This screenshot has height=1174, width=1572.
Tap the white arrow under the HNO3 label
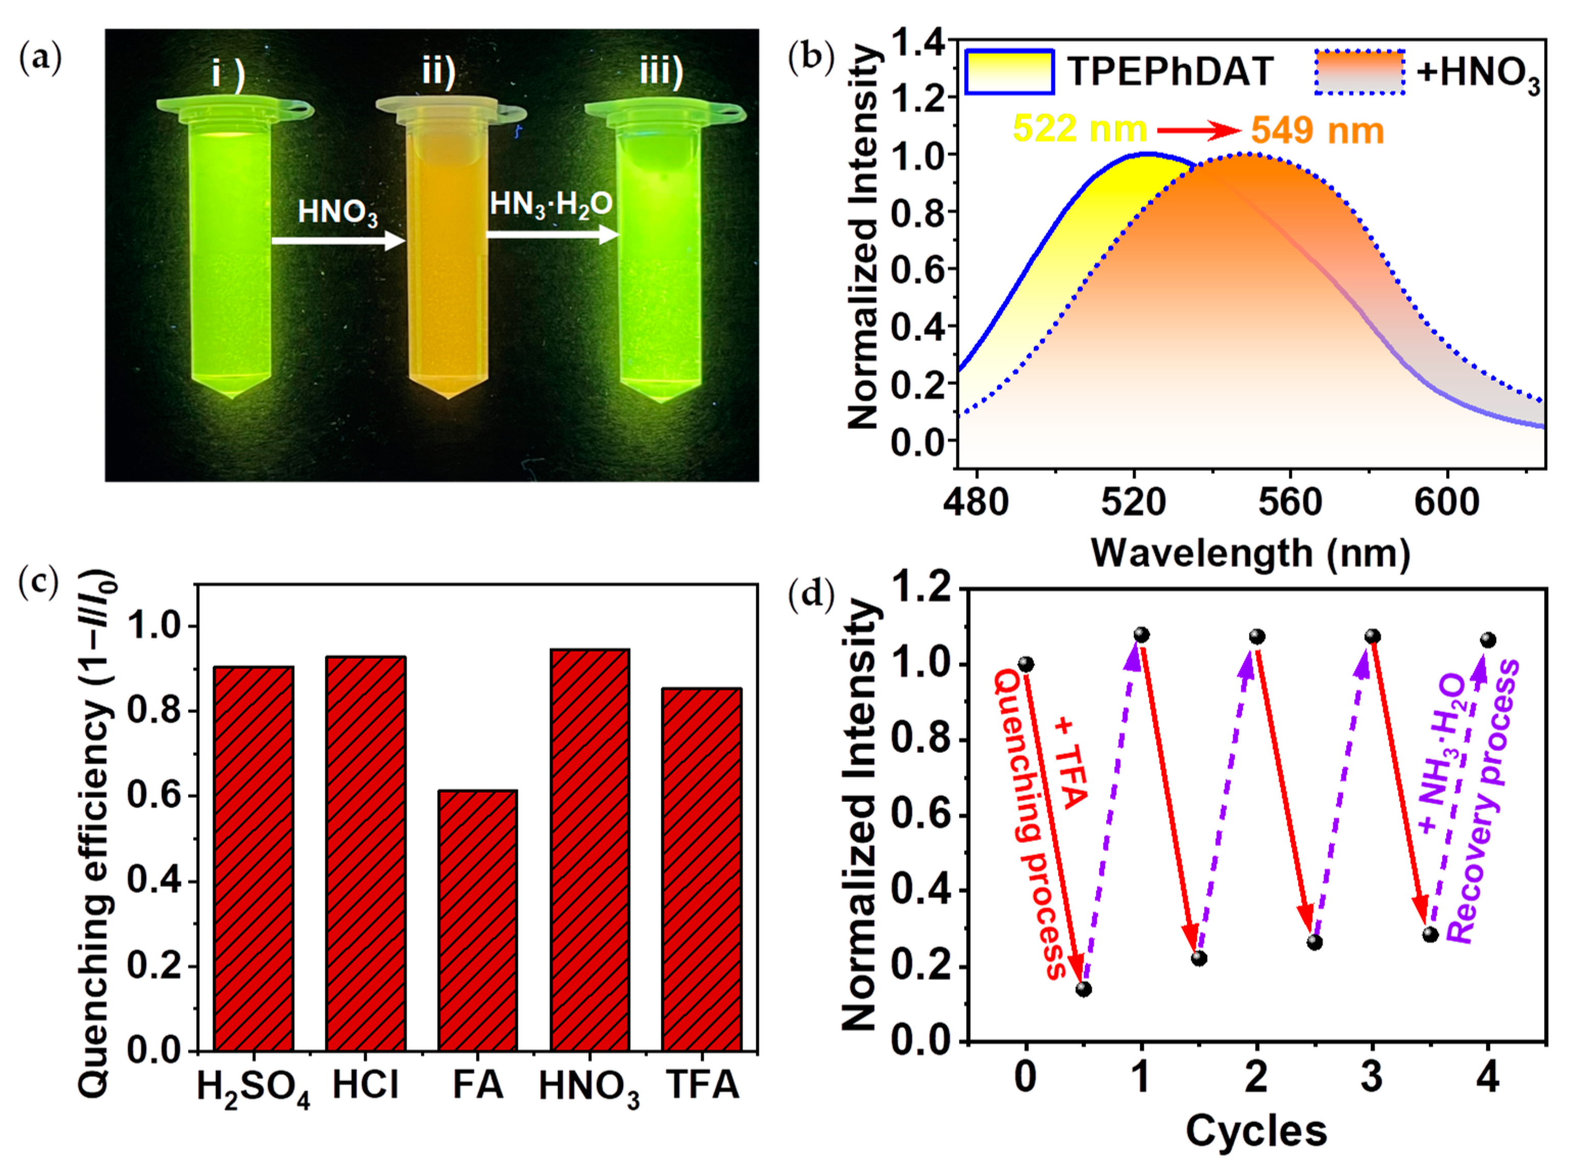pos(338,241)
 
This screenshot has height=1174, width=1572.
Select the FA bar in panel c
pos(477,920)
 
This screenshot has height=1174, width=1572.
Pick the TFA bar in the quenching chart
pos(702,869)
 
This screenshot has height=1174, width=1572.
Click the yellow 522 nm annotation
pos(1079,129)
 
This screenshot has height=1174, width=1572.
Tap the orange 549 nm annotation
pos(1317,131)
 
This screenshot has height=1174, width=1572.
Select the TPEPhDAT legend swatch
pos(1009,72)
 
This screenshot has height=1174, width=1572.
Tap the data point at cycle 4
pos(1488,640)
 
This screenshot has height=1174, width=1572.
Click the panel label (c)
pos(38,581)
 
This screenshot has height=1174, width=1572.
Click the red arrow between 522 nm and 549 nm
pos(1198,131)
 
